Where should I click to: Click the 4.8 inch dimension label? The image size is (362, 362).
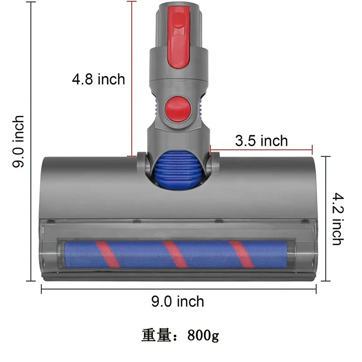pyautogui.click(x=98, y=80)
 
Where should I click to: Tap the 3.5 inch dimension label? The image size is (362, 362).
pyautogui.click(x=261, y=141)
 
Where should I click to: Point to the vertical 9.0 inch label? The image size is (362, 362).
pyautogui.click(x=19, y=142)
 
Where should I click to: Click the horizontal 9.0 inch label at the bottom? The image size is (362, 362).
pyautogui.click(x=177, y=301)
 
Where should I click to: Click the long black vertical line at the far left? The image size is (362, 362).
pyautogui.click(x=30, y=141)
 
